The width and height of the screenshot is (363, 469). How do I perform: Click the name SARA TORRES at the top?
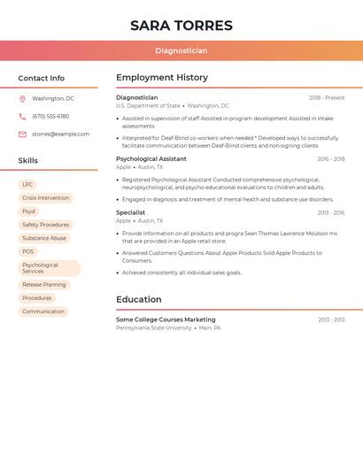(x=181, y=26)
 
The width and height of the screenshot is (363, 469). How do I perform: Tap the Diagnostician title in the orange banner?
(x=181, y=51)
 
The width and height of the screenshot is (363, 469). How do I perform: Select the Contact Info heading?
(x=42, y=79)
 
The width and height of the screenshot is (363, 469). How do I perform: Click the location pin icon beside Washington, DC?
(x=22, y=99)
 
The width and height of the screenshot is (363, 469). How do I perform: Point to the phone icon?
(x=22, y=117)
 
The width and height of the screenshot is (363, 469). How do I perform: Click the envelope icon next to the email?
(x=22, y=135)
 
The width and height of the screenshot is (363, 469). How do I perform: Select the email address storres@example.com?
(x=60, y=135)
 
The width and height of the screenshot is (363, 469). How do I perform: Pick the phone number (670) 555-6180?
(x=50, y=117)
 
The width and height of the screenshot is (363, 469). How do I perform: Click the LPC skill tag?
(x=27, y=185)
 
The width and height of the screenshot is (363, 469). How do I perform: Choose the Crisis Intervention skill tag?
(x=45, y=198)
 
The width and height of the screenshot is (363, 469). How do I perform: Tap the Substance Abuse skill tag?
(x=44, y=238)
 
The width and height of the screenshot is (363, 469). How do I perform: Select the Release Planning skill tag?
(x=44, y=285)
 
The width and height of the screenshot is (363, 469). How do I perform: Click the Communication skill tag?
(x=43, y=311)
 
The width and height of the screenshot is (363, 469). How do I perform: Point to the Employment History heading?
(x=162, y=78)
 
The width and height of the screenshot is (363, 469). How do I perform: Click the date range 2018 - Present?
(x=327, y=98)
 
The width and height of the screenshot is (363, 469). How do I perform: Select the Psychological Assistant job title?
(x=151, y=159)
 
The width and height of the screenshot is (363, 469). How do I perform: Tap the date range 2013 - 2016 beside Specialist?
(x=331, y=213)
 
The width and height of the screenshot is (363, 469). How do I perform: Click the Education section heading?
(x=139, y=300)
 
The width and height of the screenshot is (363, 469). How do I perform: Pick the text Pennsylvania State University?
(x=154, y=328)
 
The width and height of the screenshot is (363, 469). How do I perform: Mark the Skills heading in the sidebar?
(x=28, y=161)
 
